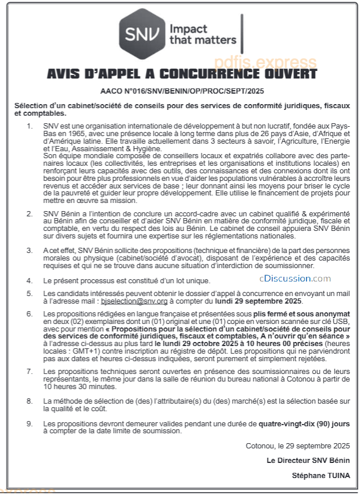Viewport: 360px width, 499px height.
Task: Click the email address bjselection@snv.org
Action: tap(134, 302)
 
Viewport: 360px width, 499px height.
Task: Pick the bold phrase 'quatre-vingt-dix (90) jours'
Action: tap(304, 424)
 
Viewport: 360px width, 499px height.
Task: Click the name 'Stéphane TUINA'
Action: tap(321, 475)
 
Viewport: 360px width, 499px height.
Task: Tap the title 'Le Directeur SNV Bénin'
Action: tap(308, 460)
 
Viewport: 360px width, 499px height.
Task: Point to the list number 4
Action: tap(30, 280)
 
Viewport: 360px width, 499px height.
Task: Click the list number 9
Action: tap(30, 424)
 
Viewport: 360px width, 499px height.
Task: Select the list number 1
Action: tap(30, 126)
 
